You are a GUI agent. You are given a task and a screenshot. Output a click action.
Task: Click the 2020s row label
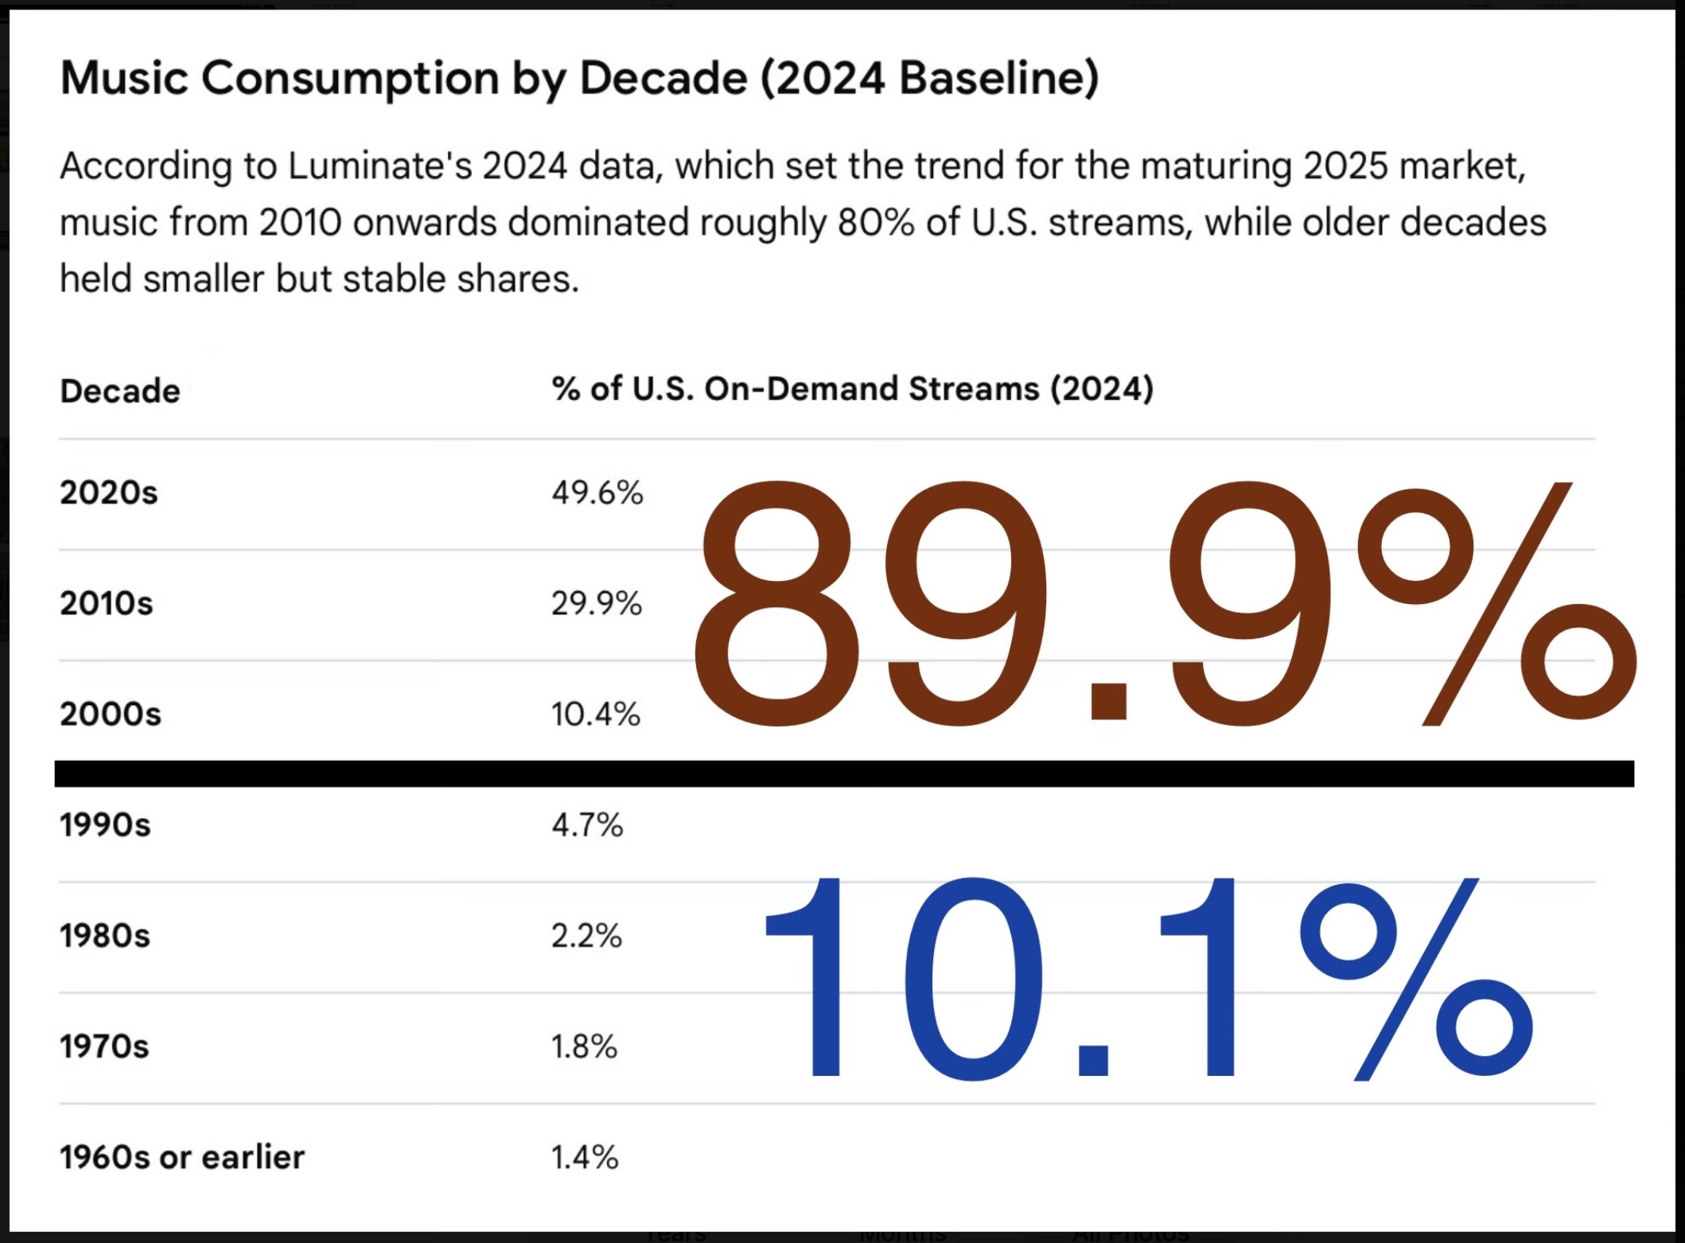(x=109, y=493)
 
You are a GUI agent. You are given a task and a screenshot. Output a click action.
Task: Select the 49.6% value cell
(x=597, y=493)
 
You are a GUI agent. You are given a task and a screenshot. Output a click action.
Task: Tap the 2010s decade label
(x=107, y=603)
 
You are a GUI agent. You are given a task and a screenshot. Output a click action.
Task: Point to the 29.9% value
(x=596, y=603)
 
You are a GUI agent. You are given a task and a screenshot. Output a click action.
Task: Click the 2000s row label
(x=111, y=714)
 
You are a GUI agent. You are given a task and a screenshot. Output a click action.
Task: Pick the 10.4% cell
(x=595, y=714)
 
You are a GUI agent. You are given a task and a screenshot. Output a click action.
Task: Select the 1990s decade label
(x=105, y=824)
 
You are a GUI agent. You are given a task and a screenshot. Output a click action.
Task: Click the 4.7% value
(x=587, y=824)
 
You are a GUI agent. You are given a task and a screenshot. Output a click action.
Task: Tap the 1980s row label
(x=105, y=935)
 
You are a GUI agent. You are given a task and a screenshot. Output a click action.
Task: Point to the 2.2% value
(x=586, y=935)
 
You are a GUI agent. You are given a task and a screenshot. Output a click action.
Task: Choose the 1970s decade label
(x=104, y=1046)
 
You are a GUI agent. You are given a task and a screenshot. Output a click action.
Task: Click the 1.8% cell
(x=584, y=1046)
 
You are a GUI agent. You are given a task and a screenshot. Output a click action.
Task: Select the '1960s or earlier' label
(x=182, y=1156)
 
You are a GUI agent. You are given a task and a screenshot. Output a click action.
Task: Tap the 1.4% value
(x=584, y=1156)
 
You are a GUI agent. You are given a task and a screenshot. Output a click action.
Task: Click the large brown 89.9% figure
(x=1162, y=605)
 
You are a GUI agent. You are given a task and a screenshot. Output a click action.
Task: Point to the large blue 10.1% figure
(x=1146, y=979)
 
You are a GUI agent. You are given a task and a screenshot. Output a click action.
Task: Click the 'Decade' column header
(x=120, y=391)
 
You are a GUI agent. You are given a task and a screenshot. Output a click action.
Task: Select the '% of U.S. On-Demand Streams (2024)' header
(x=852, y=389)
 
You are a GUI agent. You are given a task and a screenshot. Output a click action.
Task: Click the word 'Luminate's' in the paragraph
(x=379, y=166)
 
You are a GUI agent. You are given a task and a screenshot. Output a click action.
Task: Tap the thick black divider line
(x=843, y=773)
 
